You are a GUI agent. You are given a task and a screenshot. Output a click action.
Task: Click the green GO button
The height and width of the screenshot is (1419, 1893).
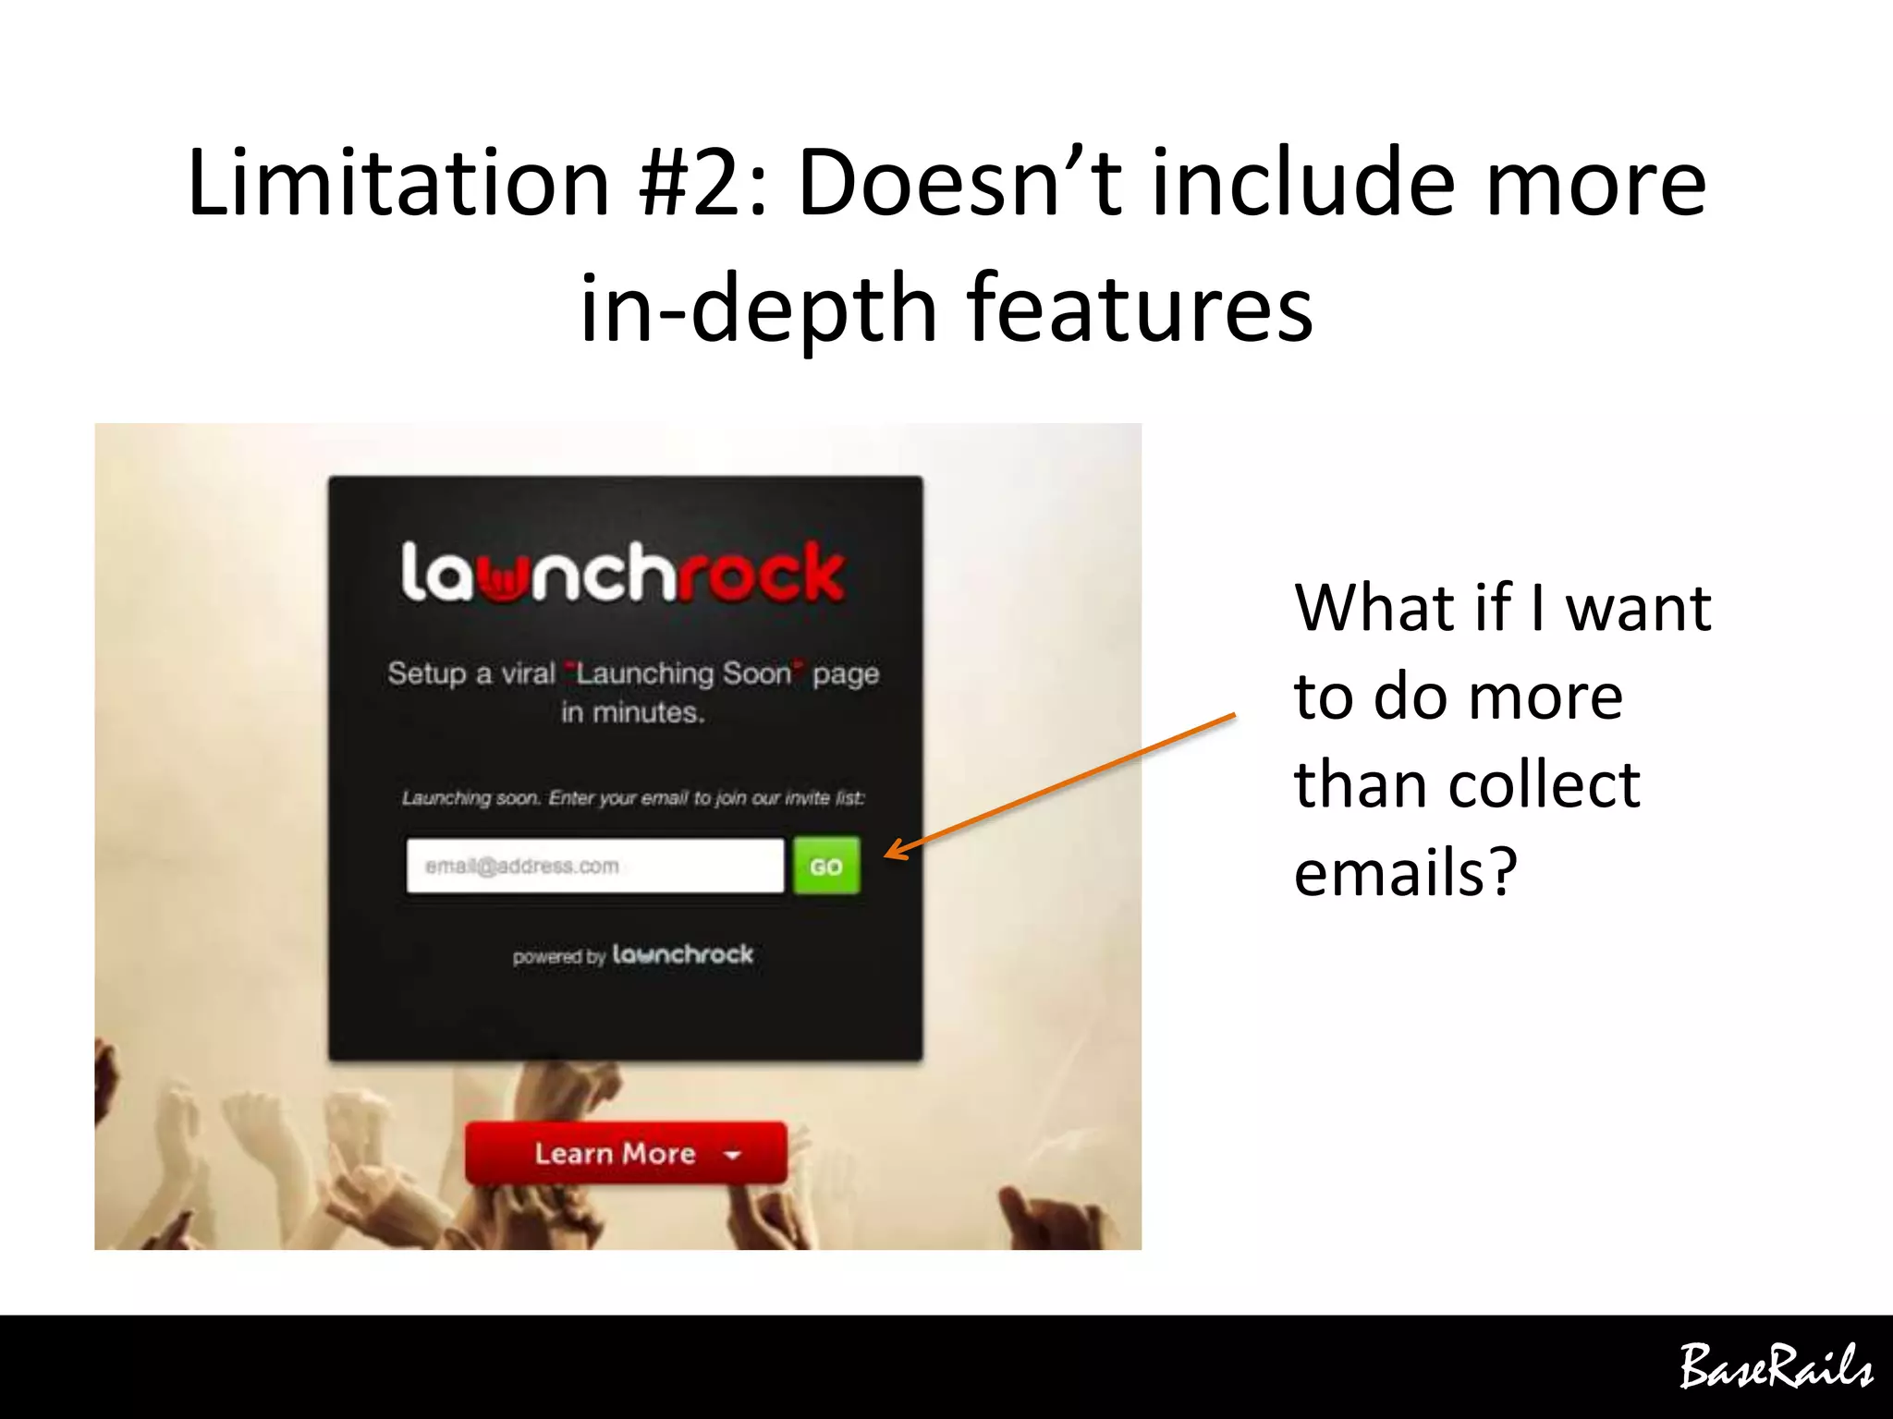coord(826,866)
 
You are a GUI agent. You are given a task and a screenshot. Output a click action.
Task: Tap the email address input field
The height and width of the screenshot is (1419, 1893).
coord(594,866)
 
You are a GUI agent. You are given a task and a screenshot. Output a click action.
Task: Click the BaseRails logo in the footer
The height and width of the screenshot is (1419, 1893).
coord(1774,1367)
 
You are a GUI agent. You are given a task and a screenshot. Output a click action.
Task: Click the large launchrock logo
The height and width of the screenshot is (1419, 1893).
coord(622,574)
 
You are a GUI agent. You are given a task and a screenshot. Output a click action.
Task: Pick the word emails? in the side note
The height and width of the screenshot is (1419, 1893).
coord(1405,871)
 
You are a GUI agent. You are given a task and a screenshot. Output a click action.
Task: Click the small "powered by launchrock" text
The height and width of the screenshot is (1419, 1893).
coord(633,955)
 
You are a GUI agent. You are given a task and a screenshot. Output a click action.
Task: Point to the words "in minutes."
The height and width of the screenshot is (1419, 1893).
coord(633,712)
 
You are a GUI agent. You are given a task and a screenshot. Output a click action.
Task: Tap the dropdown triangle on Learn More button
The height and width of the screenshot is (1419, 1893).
coord(733,1155)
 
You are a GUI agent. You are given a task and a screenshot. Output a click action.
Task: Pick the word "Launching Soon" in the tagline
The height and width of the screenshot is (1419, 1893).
coord(684,673)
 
